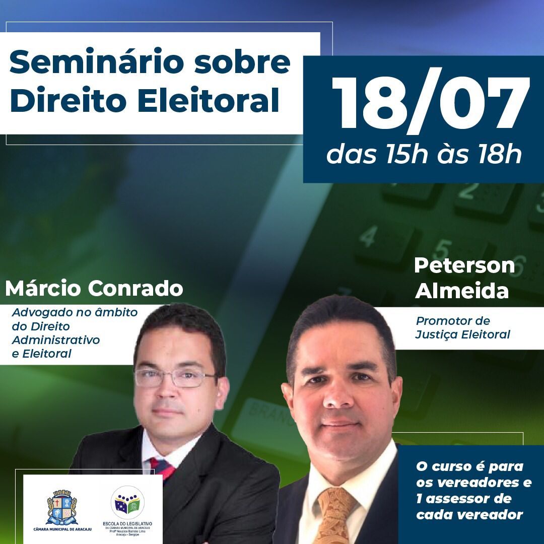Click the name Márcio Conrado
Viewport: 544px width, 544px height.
(x=94, y=289)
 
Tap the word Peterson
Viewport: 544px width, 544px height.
(x=464, y=265)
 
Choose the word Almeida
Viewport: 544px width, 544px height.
(x=462, y=291)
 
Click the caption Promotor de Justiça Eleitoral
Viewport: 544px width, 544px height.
(x=462, y=327)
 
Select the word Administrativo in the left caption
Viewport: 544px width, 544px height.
(x=56, y=340)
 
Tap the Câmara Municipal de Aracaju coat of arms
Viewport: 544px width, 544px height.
(x=61, y=508)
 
